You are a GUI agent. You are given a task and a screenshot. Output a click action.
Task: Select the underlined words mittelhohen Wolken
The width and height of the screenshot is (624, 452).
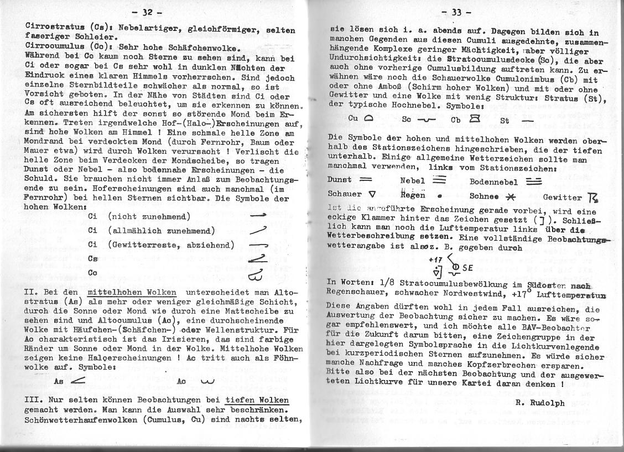point(132,292)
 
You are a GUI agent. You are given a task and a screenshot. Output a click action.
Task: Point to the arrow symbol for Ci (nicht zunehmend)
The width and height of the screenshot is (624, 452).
point(258,216)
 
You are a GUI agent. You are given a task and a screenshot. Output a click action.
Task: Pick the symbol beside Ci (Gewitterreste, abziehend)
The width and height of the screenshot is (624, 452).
point(258,245)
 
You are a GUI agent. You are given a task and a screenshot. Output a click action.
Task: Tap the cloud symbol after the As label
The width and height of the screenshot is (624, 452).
point(77,381)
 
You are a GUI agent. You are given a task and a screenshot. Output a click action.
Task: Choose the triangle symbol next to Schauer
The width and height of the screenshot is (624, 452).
point(372,194)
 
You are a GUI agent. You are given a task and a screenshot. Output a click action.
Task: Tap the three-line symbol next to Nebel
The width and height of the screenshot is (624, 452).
point(438,180)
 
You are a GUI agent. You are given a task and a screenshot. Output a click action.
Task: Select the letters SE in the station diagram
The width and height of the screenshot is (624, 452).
point(468,268)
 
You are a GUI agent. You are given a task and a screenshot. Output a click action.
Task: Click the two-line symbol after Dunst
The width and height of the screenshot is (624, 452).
point(365,180)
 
